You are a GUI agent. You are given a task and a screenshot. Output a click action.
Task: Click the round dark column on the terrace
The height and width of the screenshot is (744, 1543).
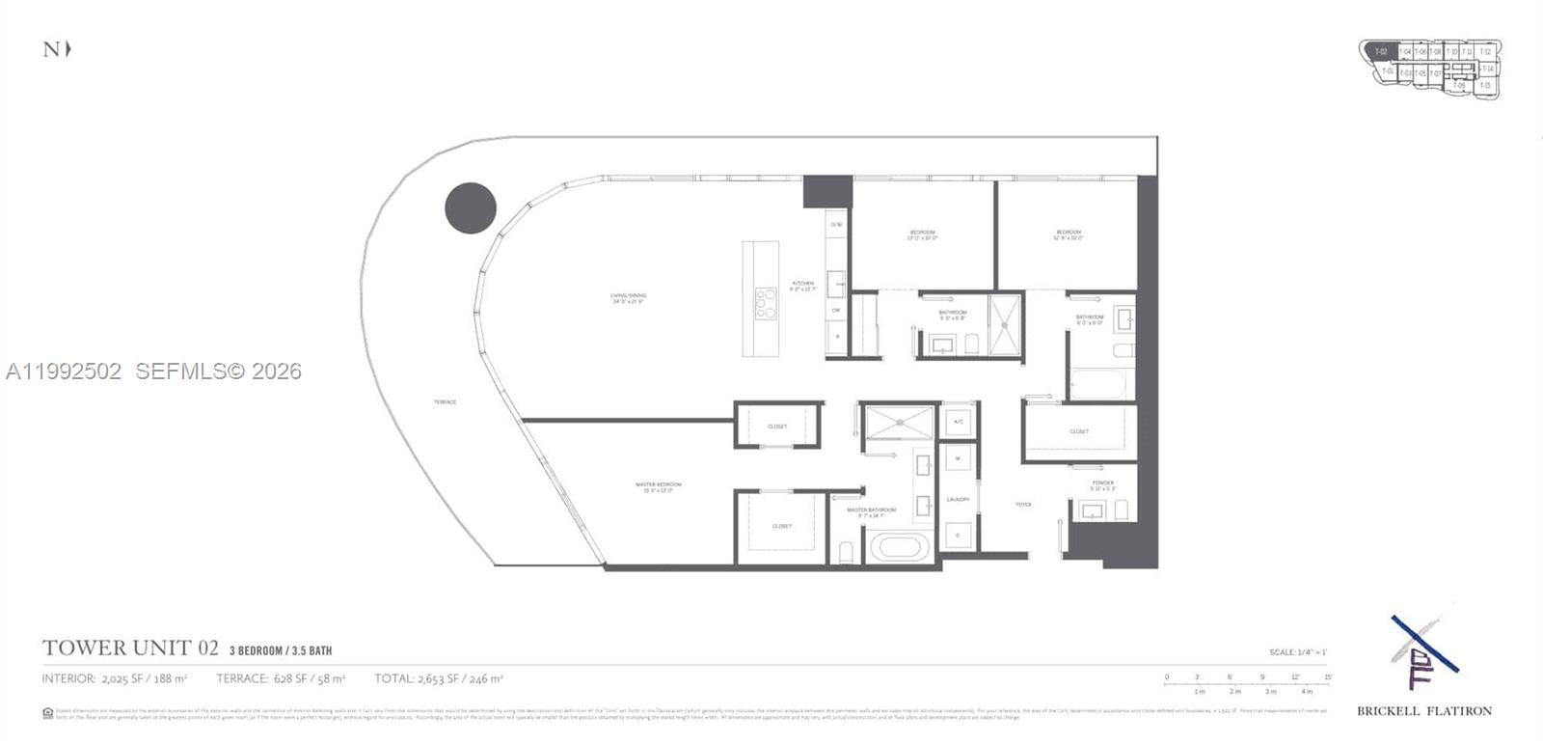click(x=471, y=207)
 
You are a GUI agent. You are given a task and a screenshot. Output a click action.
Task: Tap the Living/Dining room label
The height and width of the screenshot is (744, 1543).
click(x=628, y=297)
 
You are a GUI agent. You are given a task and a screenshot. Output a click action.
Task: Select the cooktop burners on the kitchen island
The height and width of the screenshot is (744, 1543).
click(x=765, y=303)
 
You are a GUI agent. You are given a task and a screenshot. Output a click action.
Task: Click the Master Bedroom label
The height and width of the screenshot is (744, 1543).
click(x=658, y=486)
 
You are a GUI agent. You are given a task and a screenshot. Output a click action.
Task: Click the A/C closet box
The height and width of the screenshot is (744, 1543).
click(x=958, y=422)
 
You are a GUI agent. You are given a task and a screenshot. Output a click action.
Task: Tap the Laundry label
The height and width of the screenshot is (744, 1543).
click(x=958, y=499)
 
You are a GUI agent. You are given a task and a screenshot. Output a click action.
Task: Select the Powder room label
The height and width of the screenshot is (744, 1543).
click(x=1102, y=484)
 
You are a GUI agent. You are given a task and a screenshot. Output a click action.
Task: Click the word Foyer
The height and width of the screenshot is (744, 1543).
click(x=1023, y=504)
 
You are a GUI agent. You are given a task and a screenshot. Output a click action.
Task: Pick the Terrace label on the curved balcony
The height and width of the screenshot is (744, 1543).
click(x=445, y=401)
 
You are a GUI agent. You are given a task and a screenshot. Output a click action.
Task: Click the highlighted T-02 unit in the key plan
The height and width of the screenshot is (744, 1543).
click(x=1381, y=51)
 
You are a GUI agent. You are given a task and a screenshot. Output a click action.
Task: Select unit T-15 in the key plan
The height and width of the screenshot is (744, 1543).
click(x=1485, y=86)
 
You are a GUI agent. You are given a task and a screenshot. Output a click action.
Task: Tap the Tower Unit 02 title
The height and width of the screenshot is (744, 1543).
click(x=130, y=648)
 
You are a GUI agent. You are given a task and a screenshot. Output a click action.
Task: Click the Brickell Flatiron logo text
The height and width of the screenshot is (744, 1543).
click(x=1423, y=711)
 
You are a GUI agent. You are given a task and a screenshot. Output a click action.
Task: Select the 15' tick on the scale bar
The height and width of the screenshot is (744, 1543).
click(x=1328, y=677)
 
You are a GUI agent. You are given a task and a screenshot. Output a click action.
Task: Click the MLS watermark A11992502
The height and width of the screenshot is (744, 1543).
click(x=64, y=371)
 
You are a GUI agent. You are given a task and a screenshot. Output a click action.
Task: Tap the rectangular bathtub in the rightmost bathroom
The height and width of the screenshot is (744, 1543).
click(x=1097, y=384)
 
